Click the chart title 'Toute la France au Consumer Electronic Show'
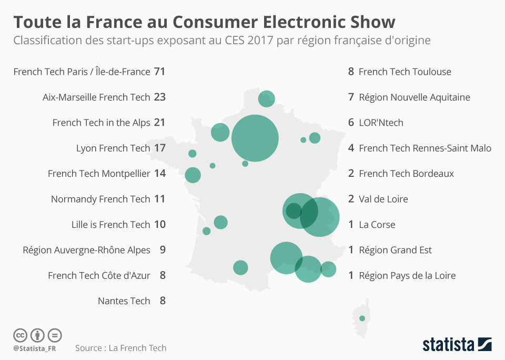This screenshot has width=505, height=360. [x=204, y=22]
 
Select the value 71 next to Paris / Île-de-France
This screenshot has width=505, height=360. [x=160, y=72]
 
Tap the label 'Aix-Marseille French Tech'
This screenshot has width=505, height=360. [x=96, y=97]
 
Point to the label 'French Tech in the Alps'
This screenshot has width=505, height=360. [x=101, y=123]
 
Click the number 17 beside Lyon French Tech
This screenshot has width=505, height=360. [x=160, y=148]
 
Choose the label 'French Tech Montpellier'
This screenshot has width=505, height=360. [x=99, y=174]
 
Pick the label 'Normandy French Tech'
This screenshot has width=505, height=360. [x=100, y=199]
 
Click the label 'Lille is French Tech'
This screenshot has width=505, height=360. [x=110, y=225]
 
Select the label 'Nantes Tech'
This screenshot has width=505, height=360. [x=124, y=301]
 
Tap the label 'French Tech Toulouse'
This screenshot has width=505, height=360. [x=405, y=72]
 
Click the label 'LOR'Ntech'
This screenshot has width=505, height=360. [x=381, y=123]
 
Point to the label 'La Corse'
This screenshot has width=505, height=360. [x=377, y=225]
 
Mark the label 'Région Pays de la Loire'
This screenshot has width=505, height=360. [x=407, y=276]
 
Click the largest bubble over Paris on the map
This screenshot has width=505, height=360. [x=255, y=138]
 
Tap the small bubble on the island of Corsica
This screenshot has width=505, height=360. [x=362, y=318]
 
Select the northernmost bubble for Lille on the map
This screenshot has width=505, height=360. [x=267, y=98]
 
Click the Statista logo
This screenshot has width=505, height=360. [x=457, y=345]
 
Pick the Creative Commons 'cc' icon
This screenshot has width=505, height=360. [x=20, y=335]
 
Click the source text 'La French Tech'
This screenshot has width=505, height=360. [x=137, y=348]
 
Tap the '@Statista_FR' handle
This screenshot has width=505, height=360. [x=35, y=348]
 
